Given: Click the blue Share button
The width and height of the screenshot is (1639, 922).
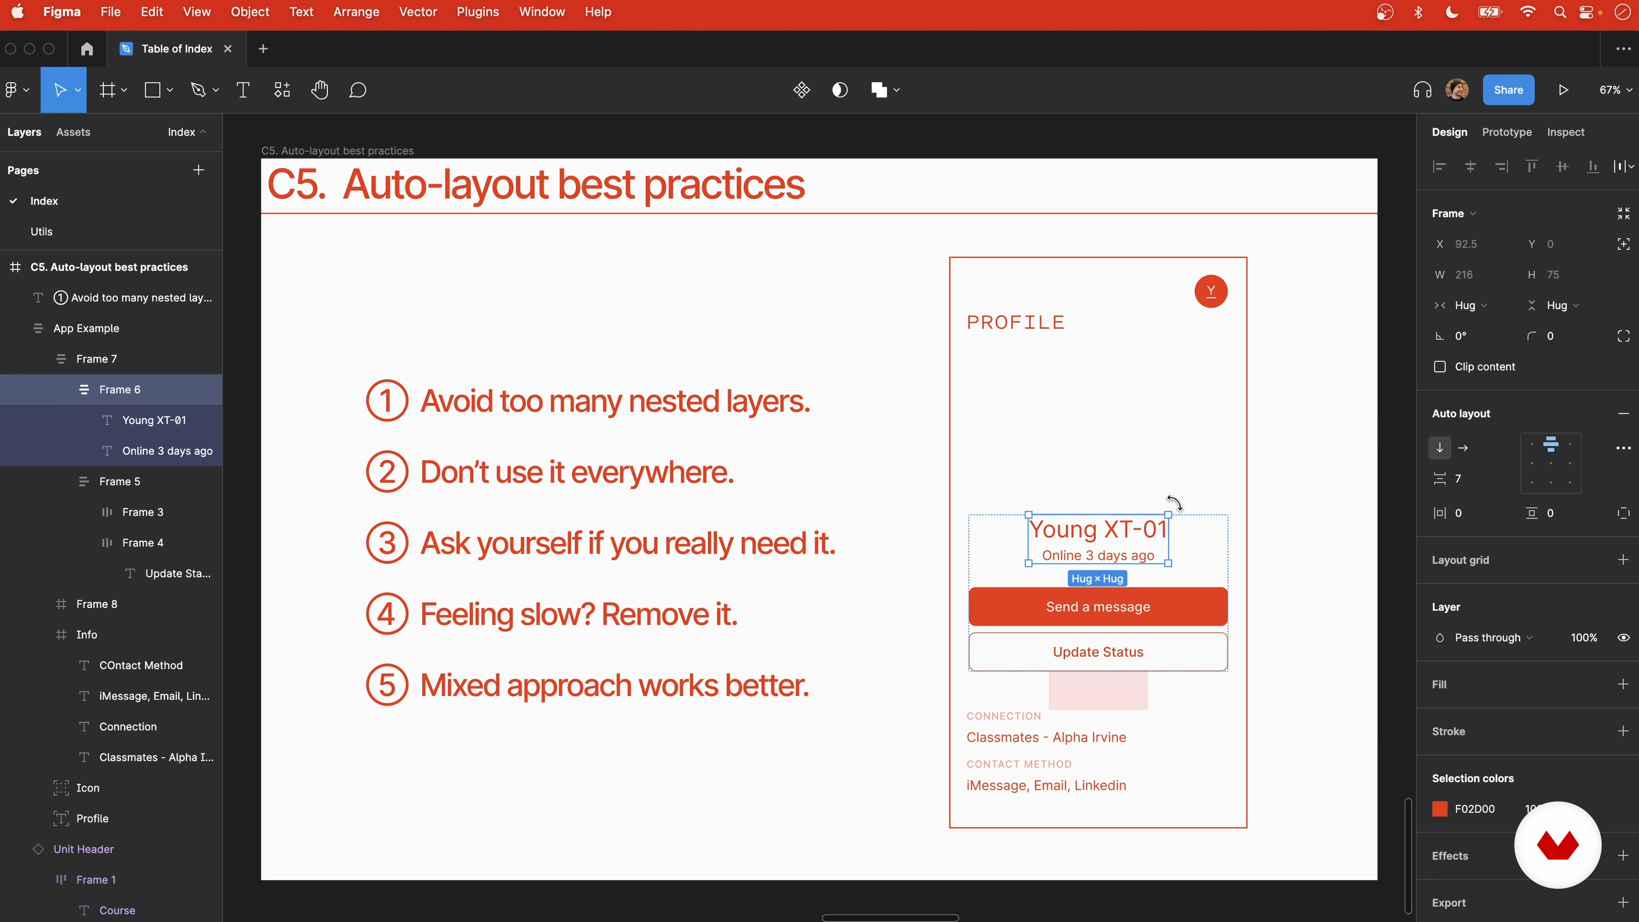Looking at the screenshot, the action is pos(1508,90).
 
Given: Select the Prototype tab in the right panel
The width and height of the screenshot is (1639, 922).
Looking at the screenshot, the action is pos(1507,132).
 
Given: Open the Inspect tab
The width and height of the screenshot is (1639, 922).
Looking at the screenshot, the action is pos(1565,132).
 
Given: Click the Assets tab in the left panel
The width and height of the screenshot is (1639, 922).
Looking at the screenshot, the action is pos(73,132).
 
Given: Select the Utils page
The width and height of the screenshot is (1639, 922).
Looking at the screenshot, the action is pos(41,231).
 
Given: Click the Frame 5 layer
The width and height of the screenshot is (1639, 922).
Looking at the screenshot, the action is pos(120,481).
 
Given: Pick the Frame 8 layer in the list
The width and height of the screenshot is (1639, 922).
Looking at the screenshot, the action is pos(97,604).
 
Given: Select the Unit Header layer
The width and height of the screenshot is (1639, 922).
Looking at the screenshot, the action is pos(83,849).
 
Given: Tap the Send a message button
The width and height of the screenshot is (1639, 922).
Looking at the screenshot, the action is pos(1097,607).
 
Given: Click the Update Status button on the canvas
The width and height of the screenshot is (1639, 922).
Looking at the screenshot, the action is pos(1097,651).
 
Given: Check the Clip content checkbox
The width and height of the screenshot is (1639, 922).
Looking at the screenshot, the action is pos(1440,367).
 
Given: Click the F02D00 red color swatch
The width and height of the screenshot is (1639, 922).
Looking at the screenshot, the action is pos(1439,809).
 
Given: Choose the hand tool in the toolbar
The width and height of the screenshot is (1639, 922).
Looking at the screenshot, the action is pos(319,90).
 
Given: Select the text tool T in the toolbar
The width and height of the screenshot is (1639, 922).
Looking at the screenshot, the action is pos(242,90).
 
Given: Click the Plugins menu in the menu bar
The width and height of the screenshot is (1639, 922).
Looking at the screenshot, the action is pos(477,12).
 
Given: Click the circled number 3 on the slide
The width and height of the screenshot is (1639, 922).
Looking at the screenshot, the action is pos(387,543).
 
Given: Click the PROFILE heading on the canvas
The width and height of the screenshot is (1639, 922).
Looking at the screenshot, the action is pos(1015,323).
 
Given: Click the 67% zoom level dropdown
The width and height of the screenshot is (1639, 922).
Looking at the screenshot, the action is pos(1615,90).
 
